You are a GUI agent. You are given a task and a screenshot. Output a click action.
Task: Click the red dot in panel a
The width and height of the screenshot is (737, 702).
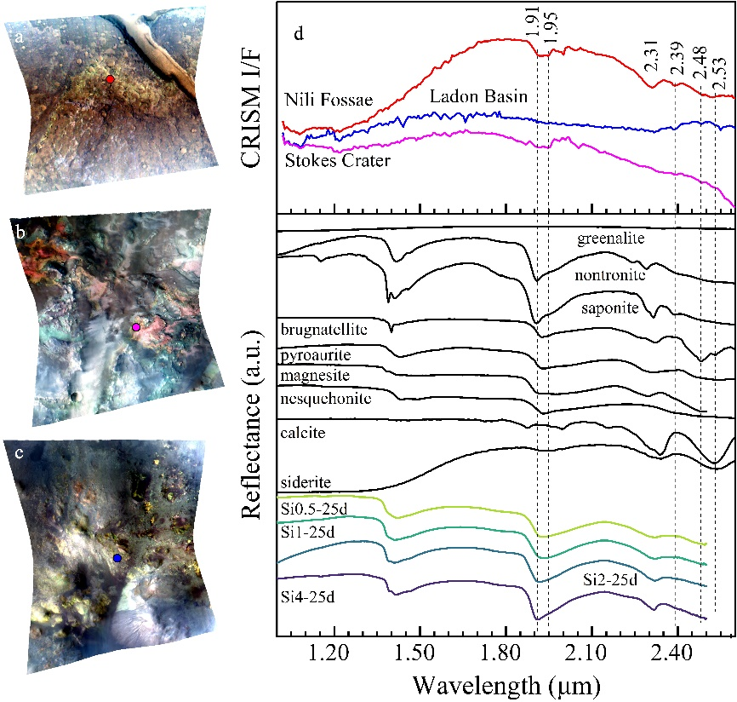pyautogui.click(x=110, y=79)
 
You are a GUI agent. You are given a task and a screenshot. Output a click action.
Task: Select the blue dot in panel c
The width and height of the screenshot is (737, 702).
pyautogui.click(x=117, y=558)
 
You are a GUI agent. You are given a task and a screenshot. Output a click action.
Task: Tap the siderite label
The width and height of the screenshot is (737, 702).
pyautogui.click(x=303, y=482)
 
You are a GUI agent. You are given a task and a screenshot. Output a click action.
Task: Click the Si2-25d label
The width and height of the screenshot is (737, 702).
pyautogui.click(x=611, y=579)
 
